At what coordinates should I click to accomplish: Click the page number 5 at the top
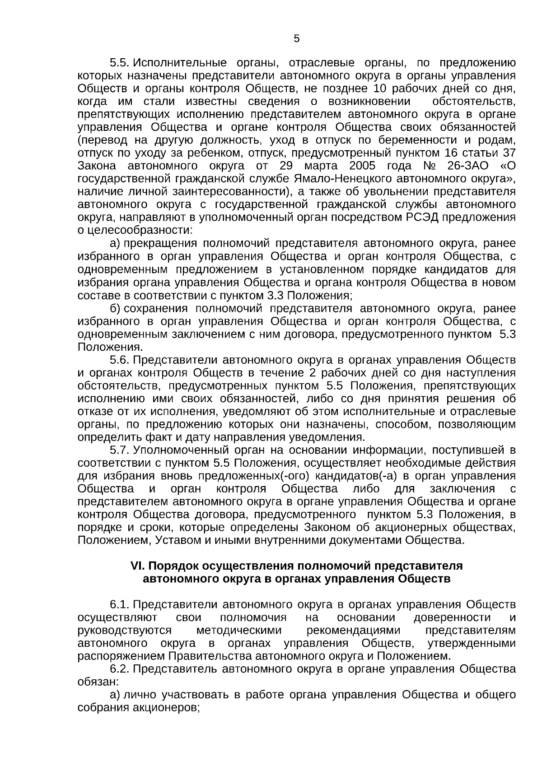tap(296, 39)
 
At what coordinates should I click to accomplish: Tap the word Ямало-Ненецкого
tap(350, 179)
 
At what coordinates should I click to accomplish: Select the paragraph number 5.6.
tap(120, 360)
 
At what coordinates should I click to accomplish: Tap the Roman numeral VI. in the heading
tap(137, 566)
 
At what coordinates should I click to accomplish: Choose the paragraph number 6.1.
tap(120, 605)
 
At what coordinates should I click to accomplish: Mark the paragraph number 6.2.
tap(120, 669)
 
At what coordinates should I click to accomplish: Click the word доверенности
tap(452, 617)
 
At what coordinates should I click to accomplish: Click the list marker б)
tap(115, 309)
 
